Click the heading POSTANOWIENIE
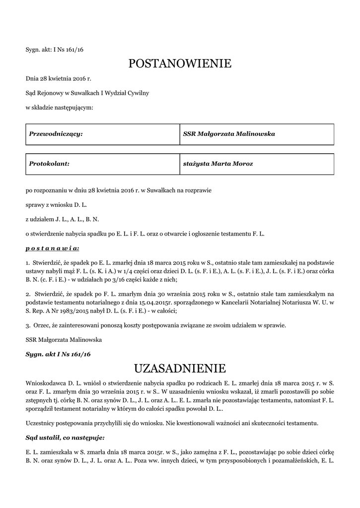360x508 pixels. pos(180,63)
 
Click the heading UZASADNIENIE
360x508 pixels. pos(180,368)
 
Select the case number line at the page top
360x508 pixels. pos(54,50)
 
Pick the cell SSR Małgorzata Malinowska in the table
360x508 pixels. pos(256,134)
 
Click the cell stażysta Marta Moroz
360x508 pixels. pos(256,163)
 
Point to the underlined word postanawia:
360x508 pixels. pos(52,247)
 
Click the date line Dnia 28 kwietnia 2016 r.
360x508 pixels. pos(59,78)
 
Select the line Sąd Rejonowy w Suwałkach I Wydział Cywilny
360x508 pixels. pos(87,93)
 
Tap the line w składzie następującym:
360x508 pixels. pos(59,107)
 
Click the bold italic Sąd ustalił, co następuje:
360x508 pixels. pos(65,438)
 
